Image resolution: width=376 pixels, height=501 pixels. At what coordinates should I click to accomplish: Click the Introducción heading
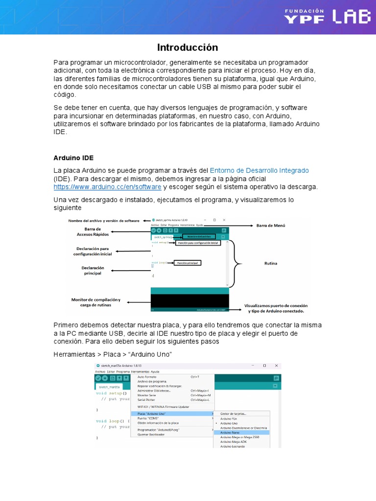tap(188, 47)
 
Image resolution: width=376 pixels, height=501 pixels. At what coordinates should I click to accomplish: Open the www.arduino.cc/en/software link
tap(107, 187)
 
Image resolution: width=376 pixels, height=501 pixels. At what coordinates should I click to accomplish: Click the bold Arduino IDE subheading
tap(73, 158)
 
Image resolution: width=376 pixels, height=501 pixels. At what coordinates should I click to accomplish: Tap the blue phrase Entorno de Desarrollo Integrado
tap(259, 170)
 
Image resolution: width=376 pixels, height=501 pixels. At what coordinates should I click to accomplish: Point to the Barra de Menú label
tap(271, 226)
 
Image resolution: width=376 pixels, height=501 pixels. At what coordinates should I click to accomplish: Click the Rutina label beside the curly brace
tap(271, 263)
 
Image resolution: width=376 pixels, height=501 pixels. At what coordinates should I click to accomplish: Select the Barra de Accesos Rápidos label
tap(93, 231)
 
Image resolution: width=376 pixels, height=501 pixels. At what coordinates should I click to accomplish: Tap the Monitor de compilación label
tap(95, 302)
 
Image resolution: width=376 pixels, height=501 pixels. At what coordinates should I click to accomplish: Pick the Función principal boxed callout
tap(188, 263)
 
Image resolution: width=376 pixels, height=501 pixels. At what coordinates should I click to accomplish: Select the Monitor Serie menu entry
tap(146, 395)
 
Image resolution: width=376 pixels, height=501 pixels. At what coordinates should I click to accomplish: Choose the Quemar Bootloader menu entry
tap(151, 434)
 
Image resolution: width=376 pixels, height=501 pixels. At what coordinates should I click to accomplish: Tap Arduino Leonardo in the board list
tap(233, 446)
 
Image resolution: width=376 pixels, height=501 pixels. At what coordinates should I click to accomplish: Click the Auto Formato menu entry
tap(147, 377)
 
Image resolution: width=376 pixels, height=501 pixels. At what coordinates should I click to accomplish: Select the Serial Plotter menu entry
tap(147, 400)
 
